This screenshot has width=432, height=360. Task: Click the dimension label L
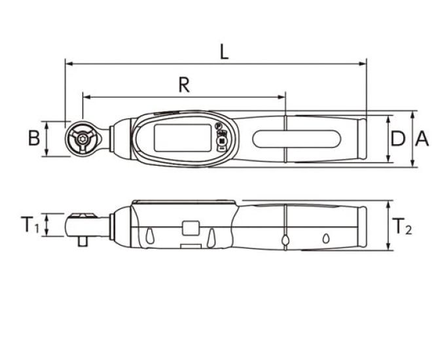224,52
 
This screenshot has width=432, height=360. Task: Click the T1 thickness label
28,225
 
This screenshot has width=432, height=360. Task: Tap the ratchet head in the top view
82,138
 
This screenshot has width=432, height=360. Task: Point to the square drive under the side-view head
82,242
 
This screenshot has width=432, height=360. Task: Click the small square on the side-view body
191,227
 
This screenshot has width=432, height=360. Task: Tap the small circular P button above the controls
219,127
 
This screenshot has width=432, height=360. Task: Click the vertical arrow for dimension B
46,138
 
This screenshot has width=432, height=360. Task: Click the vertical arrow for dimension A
413,139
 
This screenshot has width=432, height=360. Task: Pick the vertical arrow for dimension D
389,139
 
